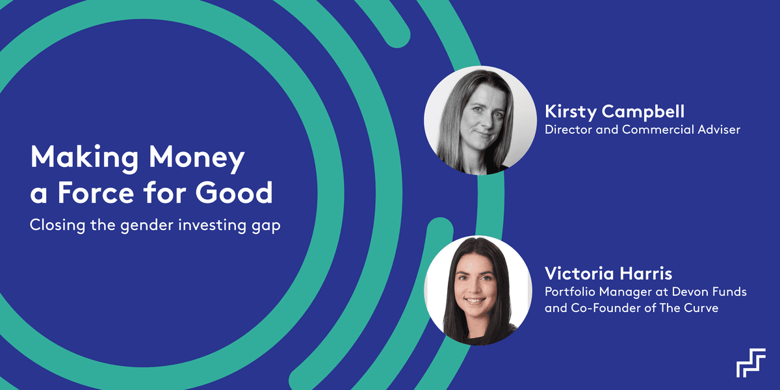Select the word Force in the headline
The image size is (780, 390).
coord(96,192)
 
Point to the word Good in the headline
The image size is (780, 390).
coord(234,192)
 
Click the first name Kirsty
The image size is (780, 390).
coord(571,112)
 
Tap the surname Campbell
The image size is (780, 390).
coord(643,111)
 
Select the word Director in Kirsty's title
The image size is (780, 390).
coord(568,129)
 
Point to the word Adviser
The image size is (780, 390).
coord(719,129)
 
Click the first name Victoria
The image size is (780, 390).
coord(584,274)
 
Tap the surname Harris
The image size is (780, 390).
coord(651,274)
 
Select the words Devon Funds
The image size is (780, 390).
coord(709,291)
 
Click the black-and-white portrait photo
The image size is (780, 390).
coord(480,120)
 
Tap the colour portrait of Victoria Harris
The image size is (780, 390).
coord(478,291)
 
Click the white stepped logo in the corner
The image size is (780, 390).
coord(751,363)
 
